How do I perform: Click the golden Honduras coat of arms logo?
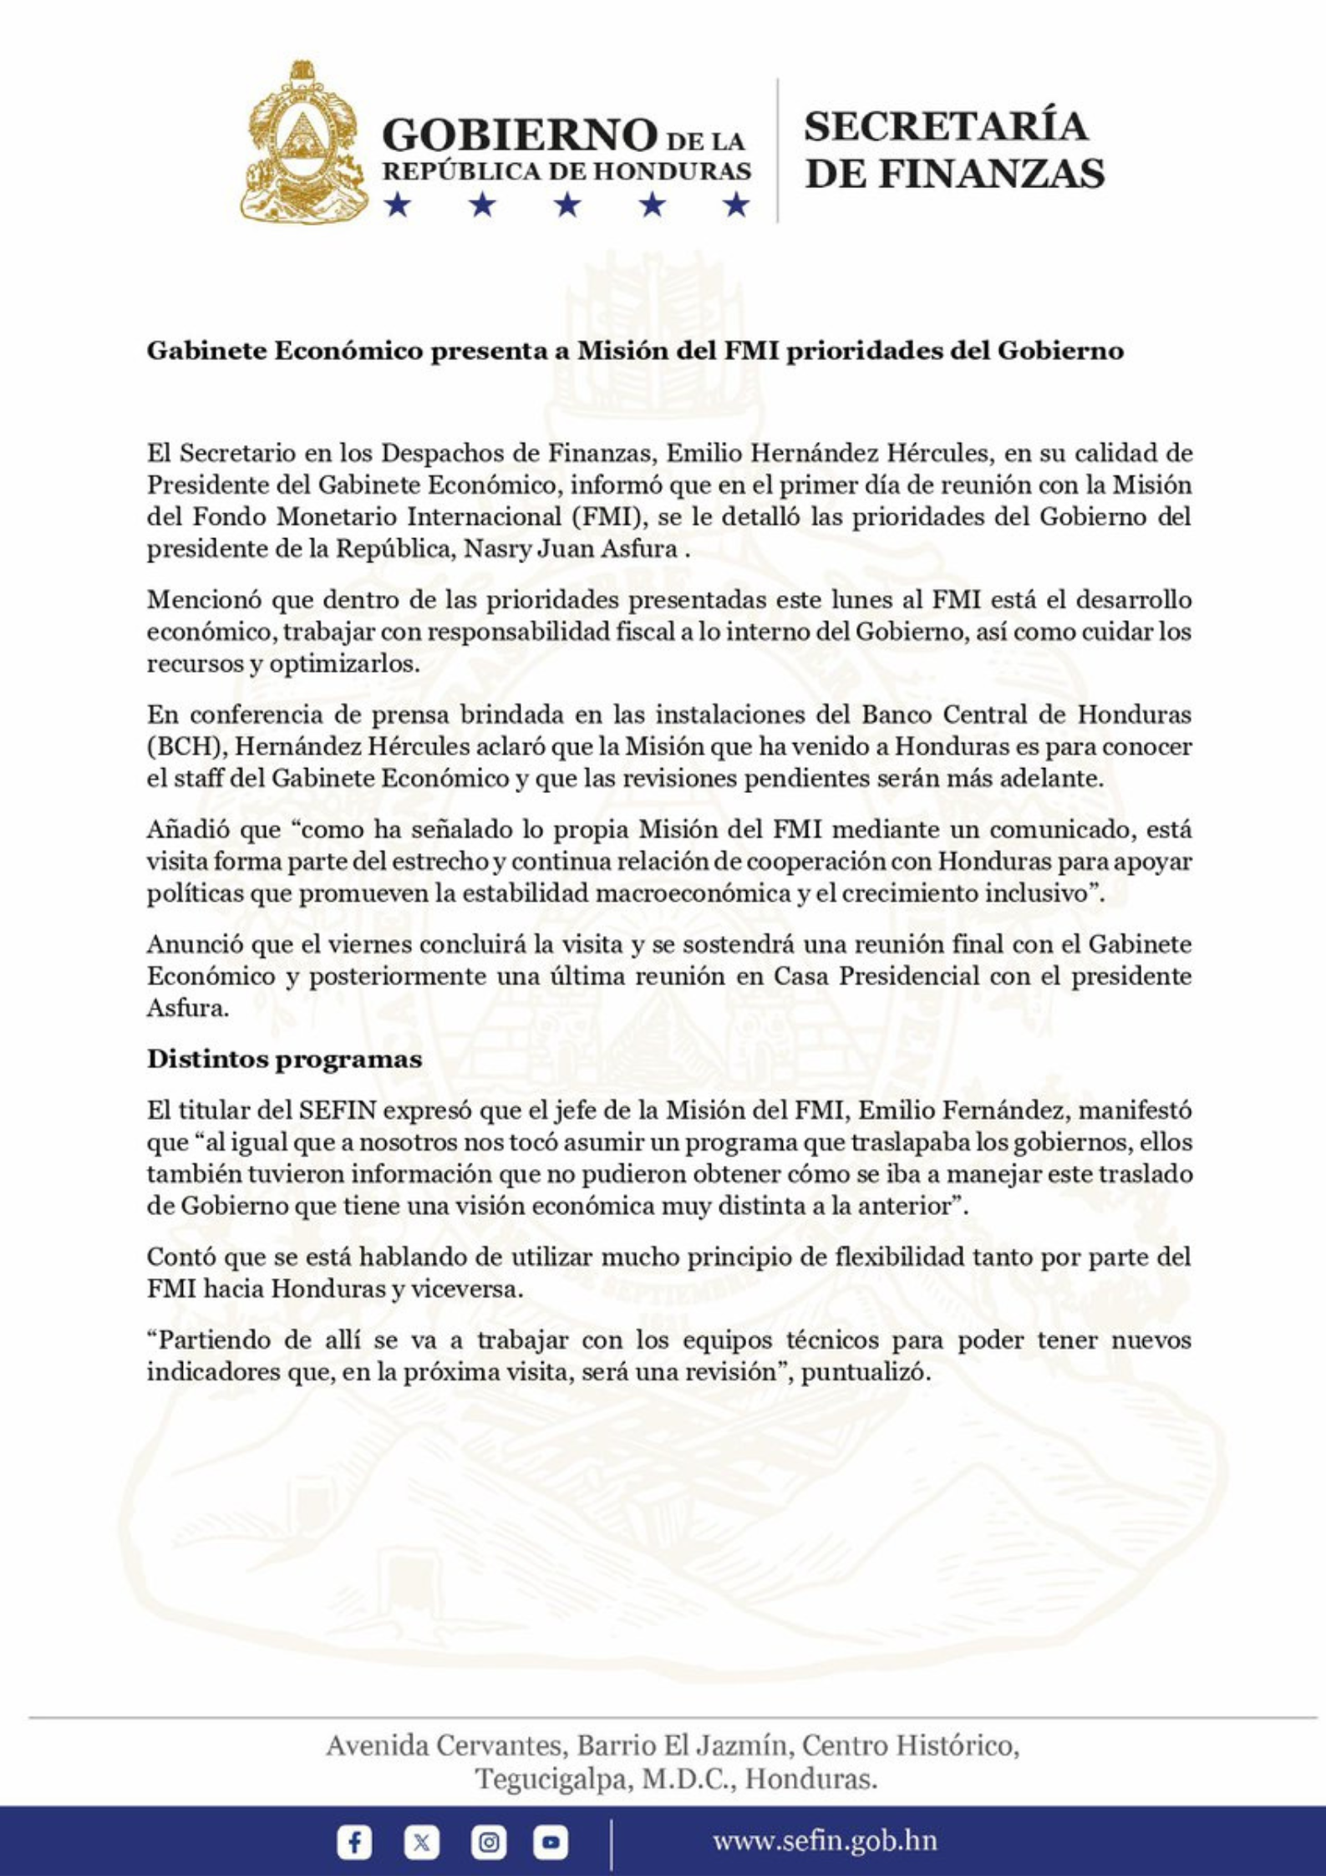click(x=303, y=142)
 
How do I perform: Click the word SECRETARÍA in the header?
click(x=945, y=126)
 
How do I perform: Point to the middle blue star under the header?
click(x=567, y=204)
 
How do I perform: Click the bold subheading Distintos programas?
click(x=284, y=1059)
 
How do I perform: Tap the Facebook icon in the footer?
click(x=354, y=1842)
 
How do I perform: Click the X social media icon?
click(x=421, y=1842)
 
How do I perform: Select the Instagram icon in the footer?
click(x=488, y=1842)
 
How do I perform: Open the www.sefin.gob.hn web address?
click(x=824, y=1841)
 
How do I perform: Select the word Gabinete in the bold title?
click(x=206, y=351)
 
